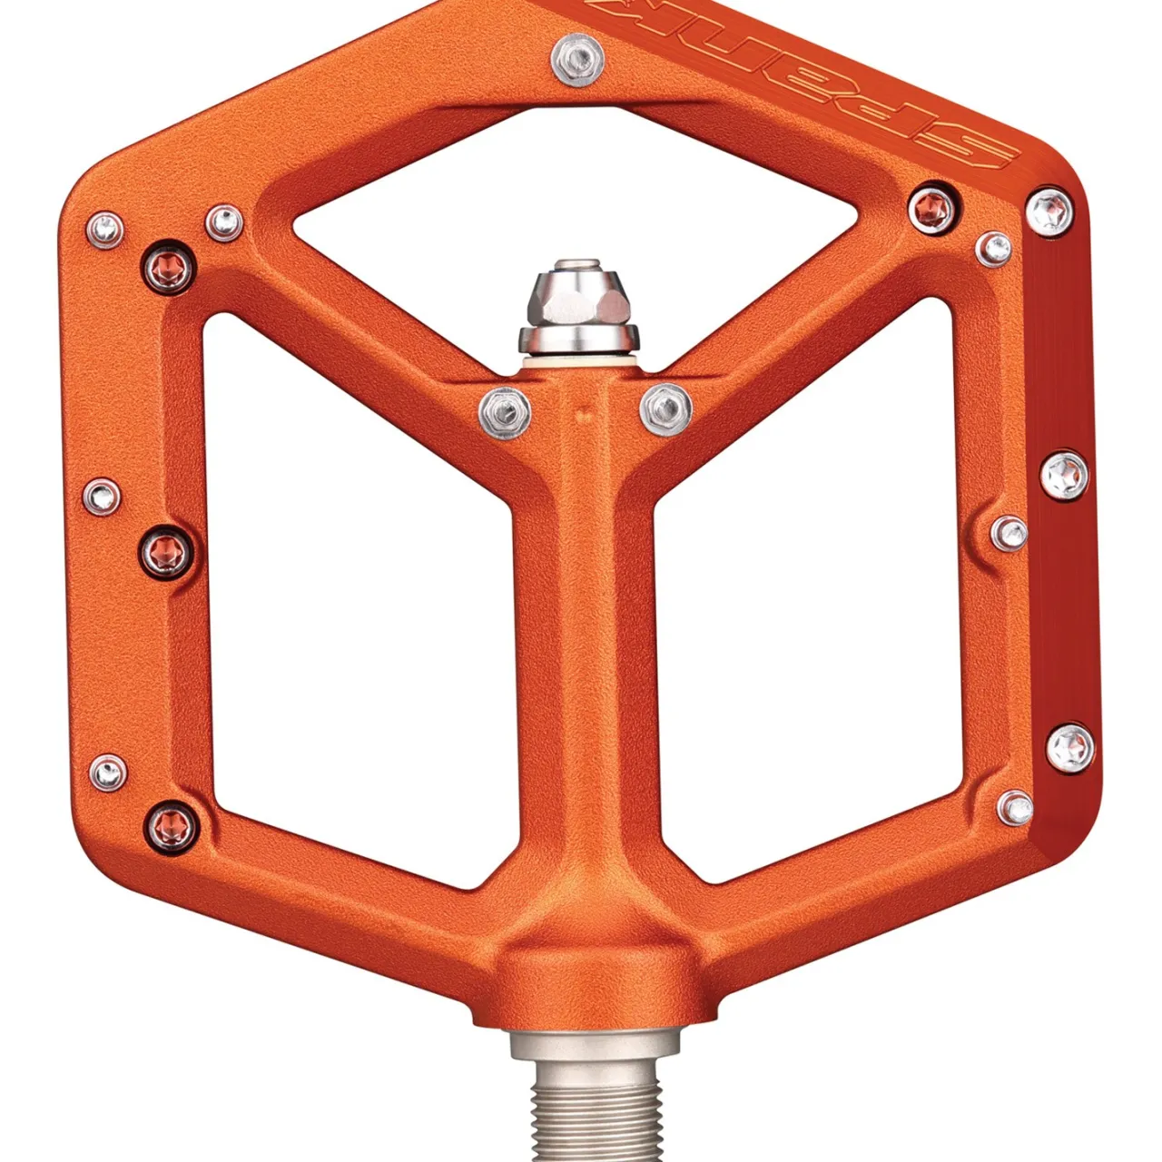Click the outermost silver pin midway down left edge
click(102, 495)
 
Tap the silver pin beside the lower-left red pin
click(107, 773)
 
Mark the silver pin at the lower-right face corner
click(1015, 806)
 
